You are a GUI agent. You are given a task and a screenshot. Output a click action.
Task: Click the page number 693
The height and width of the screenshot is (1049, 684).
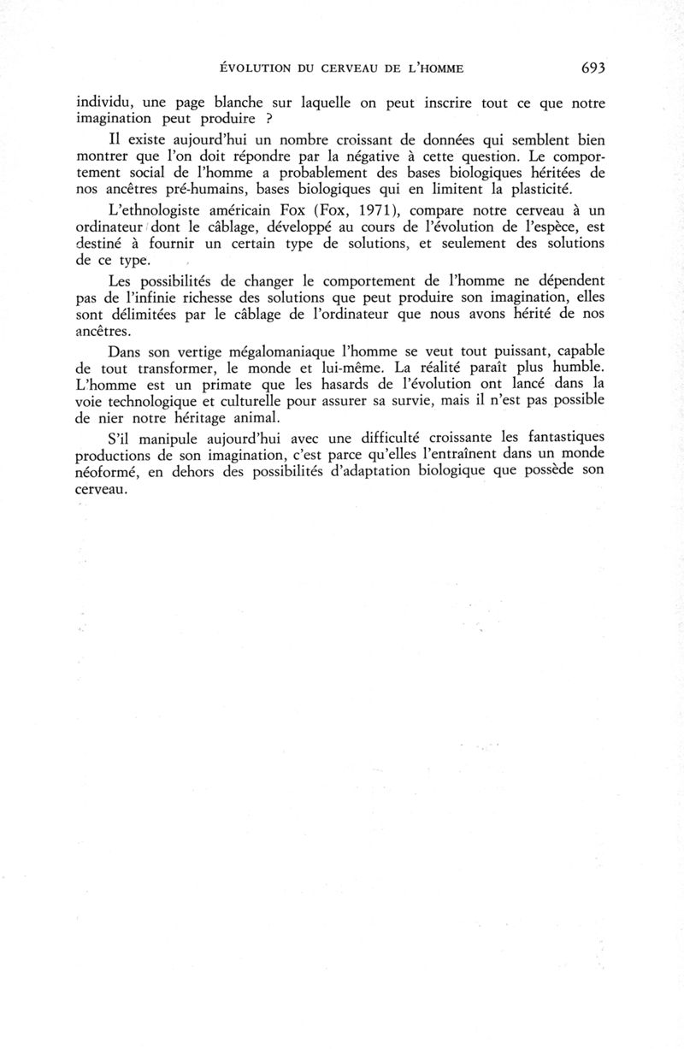[592, 68]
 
